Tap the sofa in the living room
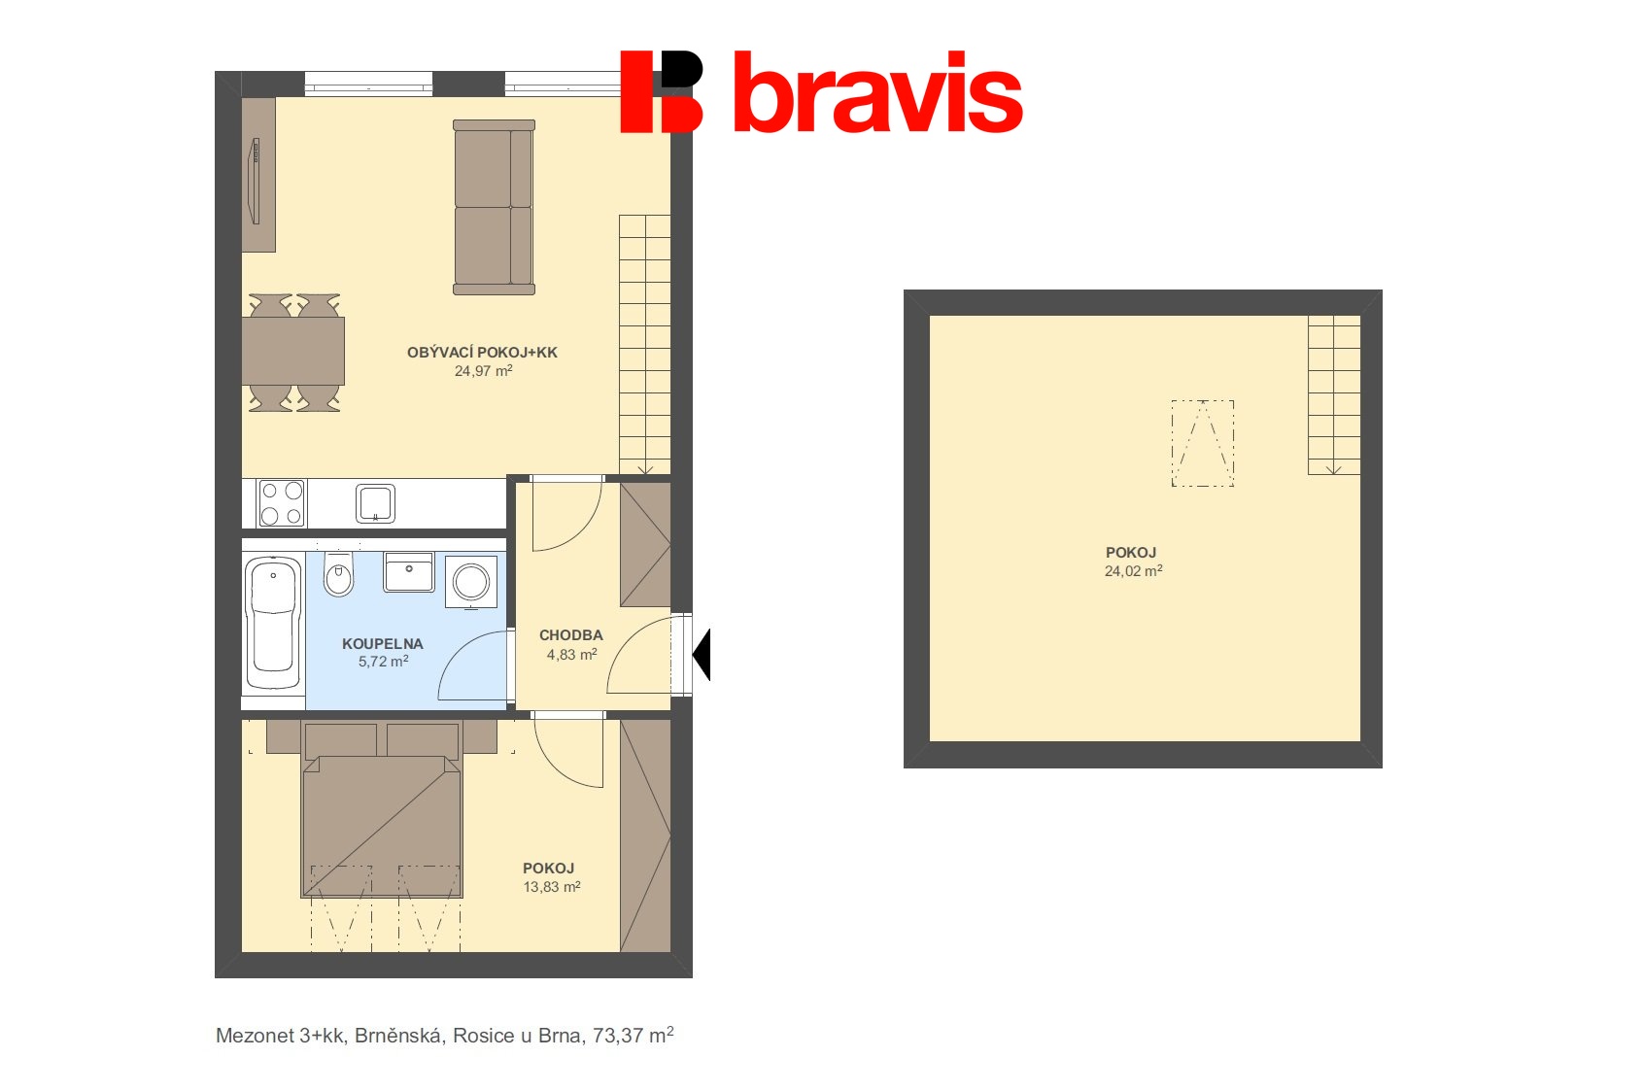494,207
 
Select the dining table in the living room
292,351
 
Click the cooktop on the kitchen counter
282,503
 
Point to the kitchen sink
375,503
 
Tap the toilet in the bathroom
338,577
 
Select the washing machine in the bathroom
471,582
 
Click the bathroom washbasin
409,572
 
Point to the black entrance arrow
702,654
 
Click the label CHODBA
571,635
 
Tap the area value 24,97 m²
483,371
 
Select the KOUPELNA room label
383,643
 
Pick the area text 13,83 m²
551,887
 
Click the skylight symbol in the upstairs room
1203,443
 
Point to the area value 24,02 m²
1133,571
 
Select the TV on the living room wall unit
256,181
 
